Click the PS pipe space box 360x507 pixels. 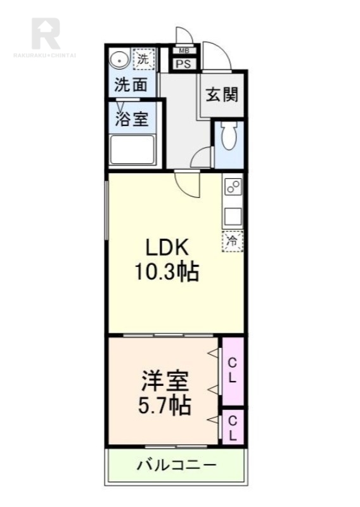[183, 64]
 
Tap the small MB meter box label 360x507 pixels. [183, 51]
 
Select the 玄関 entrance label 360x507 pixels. [222, 94]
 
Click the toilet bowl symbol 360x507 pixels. [229, 136]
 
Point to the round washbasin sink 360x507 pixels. [119, 60]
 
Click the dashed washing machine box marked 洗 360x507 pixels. [144, 59]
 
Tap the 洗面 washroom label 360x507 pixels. [131, 85]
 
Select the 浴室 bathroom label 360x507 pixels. [132, 119]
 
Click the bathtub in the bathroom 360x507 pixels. [132, 150]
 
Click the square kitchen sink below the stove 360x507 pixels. [233, 216]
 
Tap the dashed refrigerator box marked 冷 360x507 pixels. [233, 241]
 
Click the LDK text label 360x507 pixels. [167, 248]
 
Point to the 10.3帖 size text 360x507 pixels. [167, 273]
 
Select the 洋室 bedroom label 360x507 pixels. [165, 381]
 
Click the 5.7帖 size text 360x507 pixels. [165, 406]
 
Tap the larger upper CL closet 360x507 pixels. [233, 371]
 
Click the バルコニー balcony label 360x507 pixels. [176, 466]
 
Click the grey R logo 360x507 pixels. [46, 34]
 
